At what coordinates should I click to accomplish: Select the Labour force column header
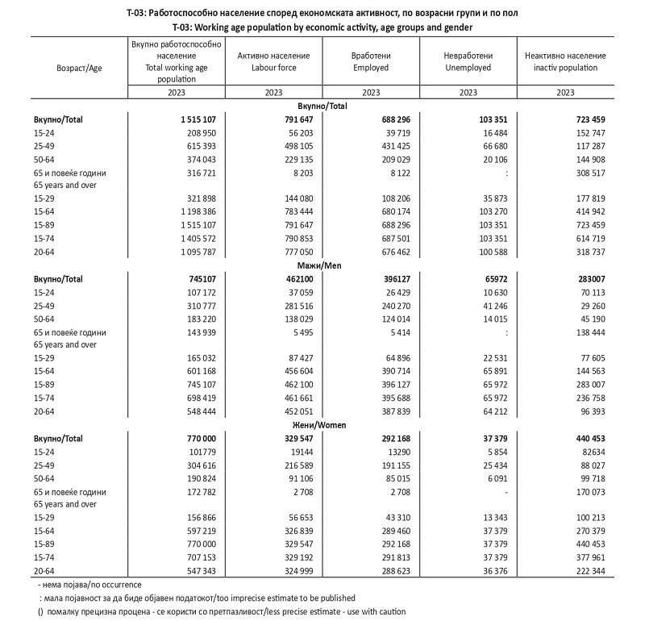pos(273,61)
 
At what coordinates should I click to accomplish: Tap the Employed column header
pos(371,61)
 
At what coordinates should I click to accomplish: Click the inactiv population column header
pos(564,61)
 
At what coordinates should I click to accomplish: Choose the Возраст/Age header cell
pos(79,68)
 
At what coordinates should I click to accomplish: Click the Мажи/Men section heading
pos(322,265)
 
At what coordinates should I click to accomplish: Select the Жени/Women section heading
pos(322,425)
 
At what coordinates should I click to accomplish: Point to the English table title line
pos(322,27)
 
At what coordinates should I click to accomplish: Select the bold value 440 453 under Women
pos(583,439)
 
